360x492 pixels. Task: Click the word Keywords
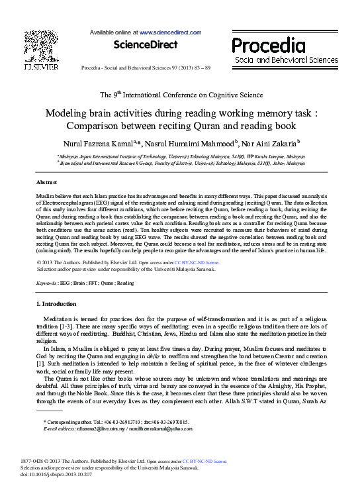[46, 283]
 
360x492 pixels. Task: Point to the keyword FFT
[89, 283]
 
